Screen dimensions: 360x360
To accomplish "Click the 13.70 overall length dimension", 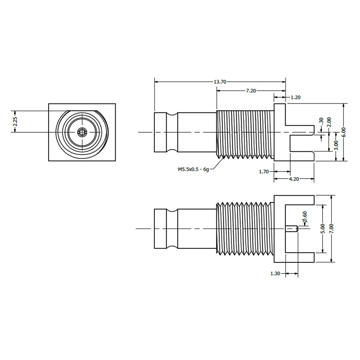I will click(x=220, y=82).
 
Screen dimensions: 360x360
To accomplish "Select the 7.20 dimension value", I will click(x=251, y=91).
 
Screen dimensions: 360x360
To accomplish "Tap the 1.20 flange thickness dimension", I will click(x=296, y=97).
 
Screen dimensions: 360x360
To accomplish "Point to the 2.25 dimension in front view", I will click(x=14, y=121).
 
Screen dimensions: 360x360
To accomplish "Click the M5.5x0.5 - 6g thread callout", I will click(x=193, y=170).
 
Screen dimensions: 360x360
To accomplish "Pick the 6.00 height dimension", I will click(x=344, y=132).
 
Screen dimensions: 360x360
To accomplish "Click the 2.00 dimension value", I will click(x=329, y=122).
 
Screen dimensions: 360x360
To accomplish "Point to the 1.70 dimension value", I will click(x=264, y=171).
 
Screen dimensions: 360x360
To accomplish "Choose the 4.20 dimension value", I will click(x=294, y=179).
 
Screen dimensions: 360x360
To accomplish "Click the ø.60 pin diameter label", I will click(x=305, y=218).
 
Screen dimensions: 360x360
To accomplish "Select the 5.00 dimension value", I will click(x=322, y=229).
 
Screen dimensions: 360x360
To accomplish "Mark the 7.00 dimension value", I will click(x=332, y=229).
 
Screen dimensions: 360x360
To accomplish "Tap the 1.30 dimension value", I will click(x=275, y=273).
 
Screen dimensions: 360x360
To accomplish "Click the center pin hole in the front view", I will click(x=81, y=132).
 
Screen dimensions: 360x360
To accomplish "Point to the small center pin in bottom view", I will click(x=292, y=229).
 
